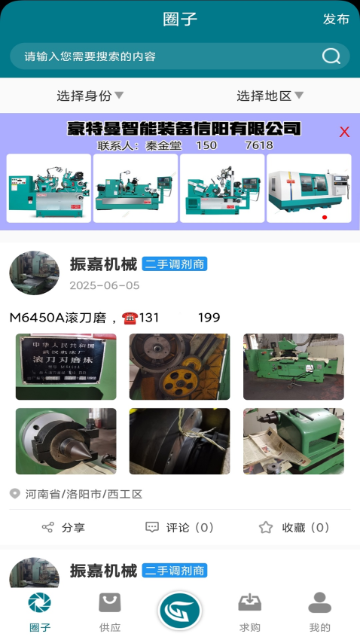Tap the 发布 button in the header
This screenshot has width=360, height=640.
(x=336, y=19)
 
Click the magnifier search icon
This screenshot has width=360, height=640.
(x=331, y=56)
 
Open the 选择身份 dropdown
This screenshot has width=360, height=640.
(x=90, y=96)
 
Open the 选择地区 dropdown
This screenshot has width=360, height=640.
(x=270, y=96)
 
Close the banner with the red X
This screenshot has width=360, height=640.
(x=344, y=132)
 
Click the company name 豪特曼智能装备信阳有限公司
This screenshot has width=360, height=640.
(x=184, y=128)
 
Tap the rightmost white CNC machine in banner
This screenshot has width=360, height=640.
(x=309, y=188)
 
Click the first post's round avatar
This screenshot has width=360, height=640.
(x=34, y=273)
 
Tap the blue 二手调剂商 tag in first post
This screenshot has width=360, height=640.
(x=174, y=264)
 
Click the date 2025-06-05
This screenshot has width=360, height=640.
(x=105, y=285)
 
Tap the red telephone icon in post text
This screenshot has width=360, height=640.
(x=128, y=318)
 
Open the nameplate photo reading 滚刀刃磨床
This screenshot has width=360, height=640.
(x=66, y=367)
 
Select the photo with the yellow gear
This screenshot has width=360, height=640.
(x=179, y=367)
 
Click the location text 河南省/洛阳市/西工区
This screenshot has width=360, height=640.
(x=84, y=494)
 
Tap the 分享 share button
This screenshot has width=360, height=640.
(x=64, y=527)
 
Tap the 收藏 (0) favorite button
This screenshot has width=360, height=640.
(x=294, y=527)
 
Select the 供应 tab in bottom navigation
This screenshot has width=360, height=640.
(x=110, y=611)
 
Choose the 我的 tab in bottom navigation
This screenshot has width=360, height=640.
(x=319, y=611)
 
